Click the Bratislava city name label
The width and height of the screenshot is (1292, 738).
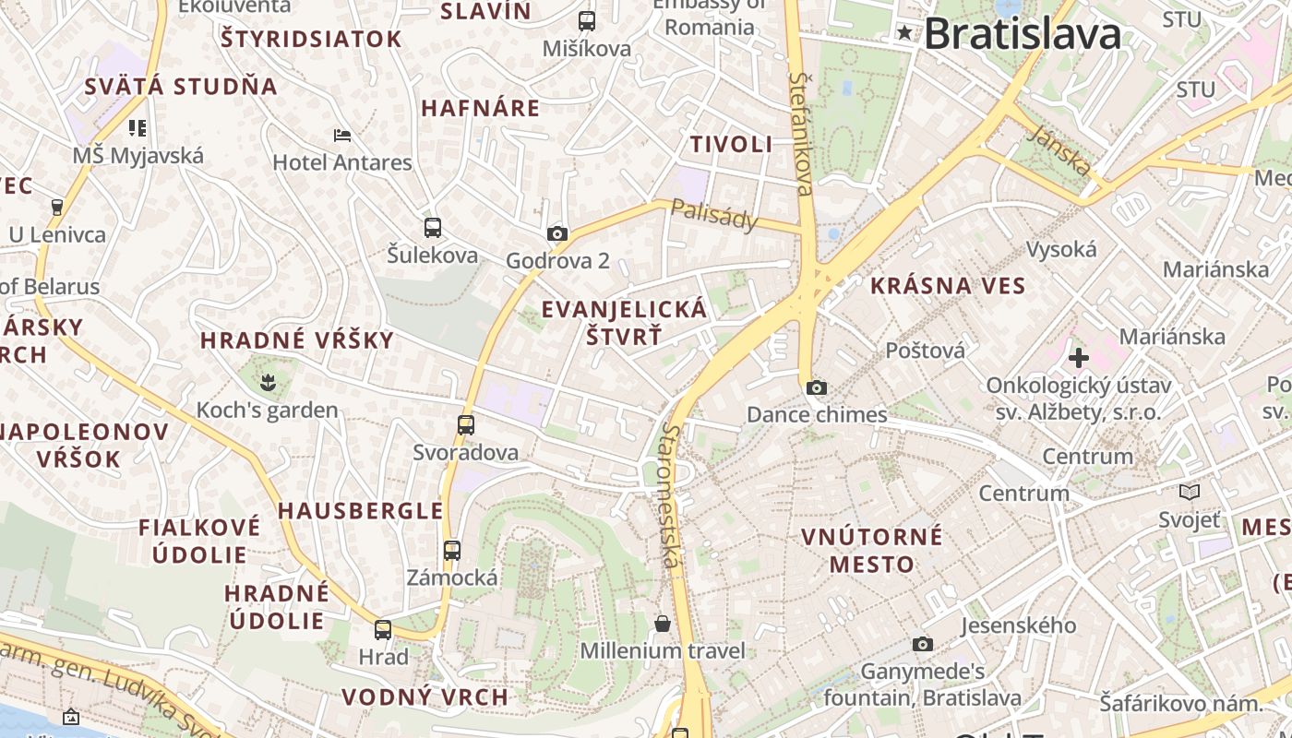1023,35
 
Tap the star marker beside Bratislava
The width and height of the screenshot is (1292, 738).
904,33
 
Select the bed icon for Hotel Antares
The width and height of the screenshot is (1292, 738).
342,136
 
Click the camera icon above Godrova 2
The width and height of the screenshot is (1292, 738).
556,233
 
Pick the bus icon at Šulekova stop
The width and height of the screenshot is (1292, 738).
432,227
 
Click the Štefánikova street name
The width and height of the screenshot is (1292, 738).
801,135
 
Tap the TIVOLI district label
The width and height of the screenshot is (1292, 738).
732,144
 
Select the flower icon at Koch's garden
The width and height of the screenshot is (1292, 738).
268,380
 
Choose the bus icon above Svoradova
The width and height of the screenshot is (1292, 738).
466,424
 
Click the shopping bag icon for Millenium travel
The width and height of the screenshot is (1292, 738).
662,624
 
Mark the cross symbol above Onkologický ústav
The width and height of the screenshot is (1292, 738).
1078,357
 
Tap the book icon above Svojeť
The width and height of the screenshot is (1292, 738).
1190,492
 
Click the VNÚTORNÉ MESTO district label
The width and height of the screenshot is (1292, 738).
872,550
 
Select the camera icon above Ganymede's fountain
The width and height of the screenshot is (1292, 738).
922,644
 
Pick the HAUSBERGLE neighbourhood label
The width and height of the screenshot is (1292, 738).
361,511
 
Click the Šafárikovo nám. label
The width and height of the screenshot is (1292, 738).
1181,704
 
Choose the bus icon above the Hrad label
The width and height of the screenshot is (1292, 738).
383,630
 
